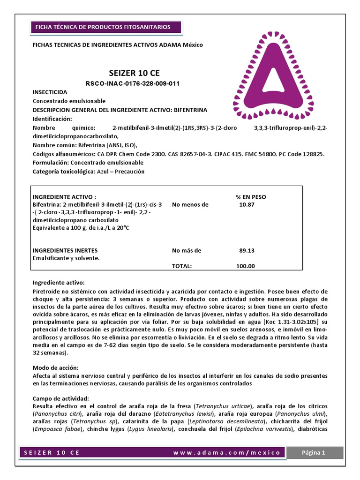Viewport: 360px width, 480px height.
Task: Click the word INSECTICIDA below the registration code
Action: point(50,92)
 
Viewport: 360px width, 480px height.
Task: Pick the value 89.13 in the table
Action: point(247,250)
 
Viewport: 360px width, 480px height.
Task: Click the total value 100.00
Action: point(246,266)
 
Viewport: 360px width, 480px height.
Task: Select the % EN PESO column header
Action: point(250,197)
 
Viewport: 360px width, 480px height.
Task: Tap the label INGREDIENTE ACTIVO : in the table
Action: point(64,197)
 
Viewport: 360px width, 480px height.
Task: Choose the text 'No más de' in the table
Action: point(187,250)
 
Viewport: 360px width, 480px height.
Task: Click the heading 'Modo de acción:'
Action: point(56,368)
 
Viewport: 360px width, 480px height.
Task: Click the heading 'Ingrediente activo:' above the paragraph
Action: point(59,283)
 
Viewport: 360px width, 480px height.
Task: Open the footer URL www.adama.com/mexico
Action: point(226,453)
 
